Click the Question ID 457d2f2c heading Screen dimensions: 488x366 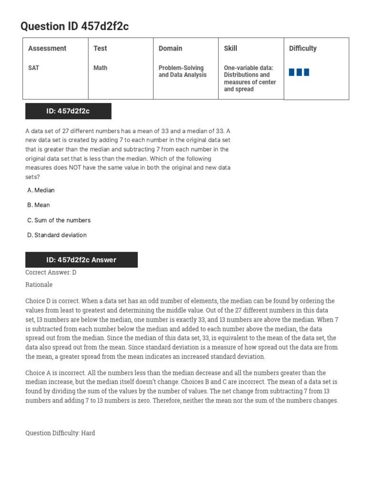click(74, 27)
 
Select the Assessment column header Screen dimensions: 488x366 click(47, 48)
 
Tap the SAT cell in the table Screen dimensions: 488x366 click(33, 68)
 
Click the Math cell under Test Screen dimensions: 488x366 click(100, 68)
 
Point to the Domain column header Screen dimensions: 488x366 click(170, 48)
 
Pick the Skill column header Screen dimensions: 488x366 click(230, 48)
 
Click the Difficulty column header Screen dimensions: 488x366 click(303, 48)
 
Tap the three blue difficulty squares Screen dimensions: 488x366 click(299, 72)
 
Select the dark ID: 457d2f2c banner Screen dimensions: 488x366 click(68, 111)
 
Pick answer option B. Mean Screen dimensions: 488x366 click(39, 205)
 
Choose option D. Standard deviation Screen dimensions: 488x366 click(57, 235)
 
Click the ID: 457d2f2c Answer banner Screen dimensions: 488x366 click(81, 260)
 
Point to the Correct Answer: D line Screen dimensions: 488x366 click(51, 273)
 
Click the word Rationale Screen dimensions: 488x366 click(39, 285)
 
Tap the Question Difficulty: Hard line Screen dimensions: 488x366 click(60, 433)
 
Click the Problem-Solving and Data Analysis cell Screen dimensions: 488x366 click(183, 71)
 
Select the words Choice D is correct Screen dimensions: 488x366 click(52, 301)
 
